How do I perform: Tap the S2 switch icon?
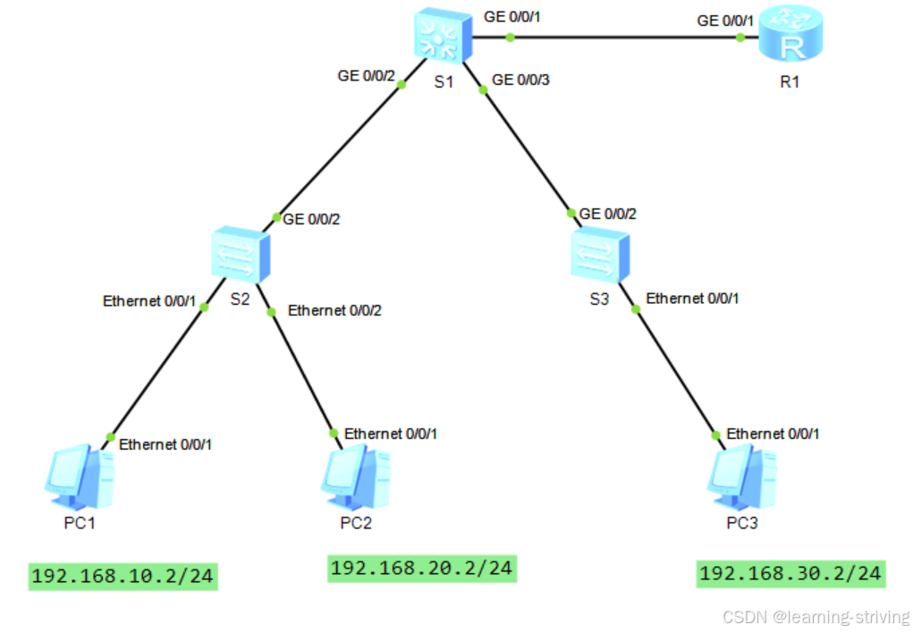[x=239, y=256]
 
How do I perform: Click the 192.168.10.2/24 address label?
[x=123, y=575]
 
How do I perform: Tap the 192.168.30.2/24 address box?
[x=790, y=572]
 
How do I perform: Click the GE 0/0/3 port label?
[x=520, y=80]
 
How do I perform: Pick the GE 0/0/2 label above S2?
[x=311, y=217]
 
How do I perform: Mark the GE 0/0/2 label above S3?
[x=608, y=215]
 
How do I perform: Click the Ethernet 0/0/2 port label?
[x=334, y=311]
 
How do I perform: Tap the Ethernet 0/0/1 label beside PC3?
[x=772, y=434]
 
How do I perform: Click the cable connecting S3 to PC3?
[x=676, y=372]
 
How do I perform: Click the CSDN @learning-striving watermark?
[x=815, y=617]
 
